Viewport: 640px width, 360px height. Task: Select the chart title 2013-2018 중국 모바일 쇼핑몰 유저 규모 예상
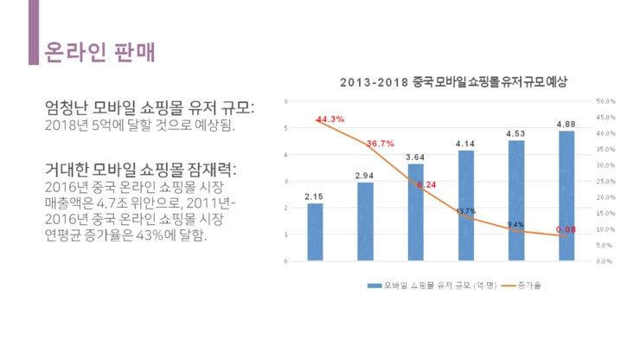pos(453,83)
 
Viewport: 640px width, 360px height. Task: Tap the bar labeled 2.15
pos(315,232)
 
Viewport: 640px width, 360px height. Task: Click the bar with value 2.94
pos(365,222)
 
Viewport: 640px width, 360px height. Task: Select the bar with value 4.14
pos(465,206)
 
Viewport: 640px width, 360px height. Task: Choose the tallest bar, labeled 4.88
pos(566,196)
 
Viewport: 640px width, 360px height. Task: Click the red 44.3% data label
pos(330,119)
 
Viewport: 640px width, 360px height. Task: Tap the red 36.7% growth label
pos(381,144)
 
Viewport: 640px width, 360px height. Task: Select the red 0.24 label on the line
pos(426,184)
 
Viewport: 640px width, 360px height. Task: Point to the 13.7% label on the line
pos(466,211)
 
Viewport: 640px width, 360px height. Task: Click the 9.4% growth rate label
pos(515,224)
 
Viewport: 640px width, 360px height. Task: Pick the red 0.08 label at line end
pos(566,229)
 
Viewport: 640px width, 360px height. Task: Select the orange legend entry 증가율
pos(528,285)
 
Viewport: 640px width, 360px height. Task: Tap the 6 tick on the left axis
pos(285,101)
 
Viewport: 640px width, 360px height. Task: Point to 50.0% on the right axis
pos(606,101)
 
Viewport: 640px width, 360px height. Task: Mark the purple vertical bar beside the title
pos(34,32)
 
